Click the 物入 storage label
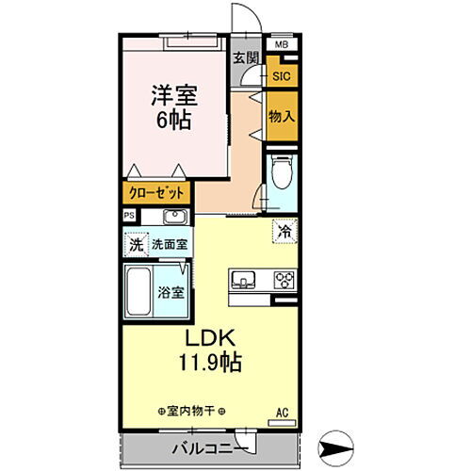[281, 116]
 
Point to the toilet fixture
[280, 174]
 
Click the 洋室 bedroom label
[174, 94]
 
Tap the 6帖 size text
[174, 121]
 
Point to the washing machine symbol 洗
[135, 244]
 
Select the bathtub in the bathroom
[140, 292]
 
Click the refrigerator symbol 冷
[283, 229]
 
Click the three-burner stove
[283, 280]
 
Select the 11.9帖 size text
[215, 364]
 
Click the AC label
[282, 411]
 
